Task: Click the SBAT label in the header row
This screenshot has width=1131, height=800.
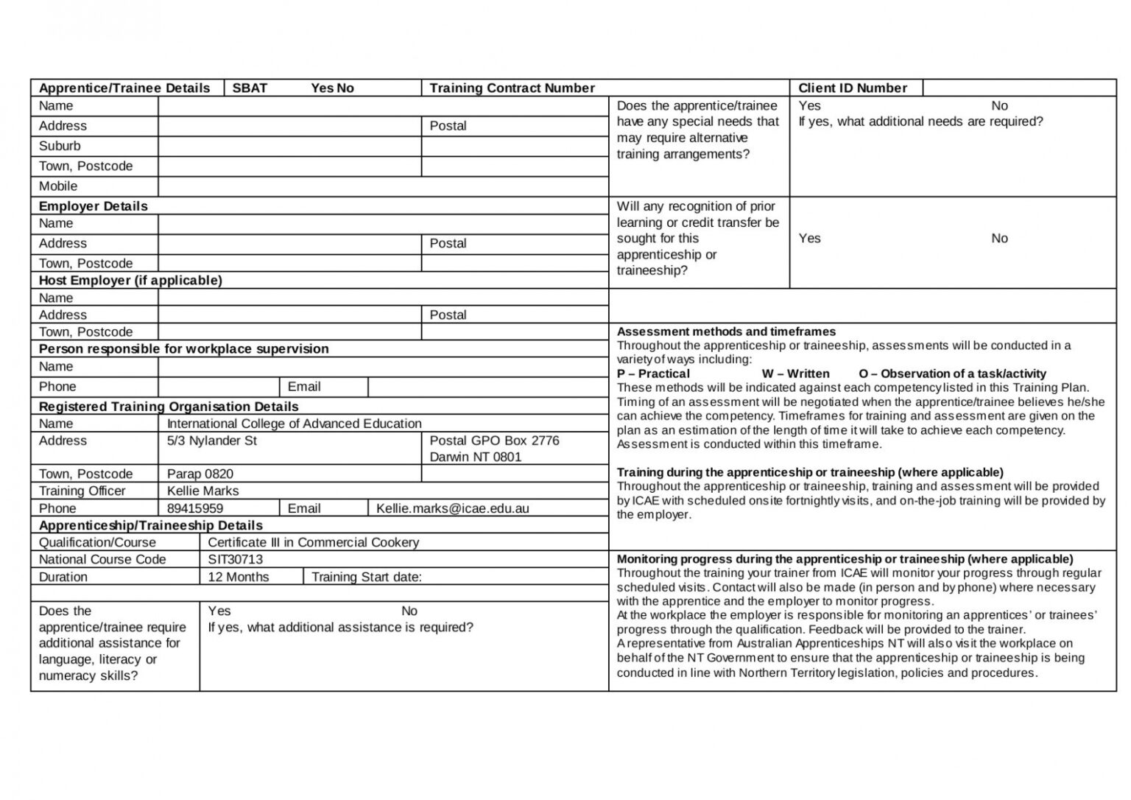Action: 250,88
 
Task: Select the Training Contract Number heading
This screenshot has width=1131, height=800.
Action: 512,88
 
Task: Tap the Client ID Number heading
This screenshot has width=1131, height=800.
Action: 853,88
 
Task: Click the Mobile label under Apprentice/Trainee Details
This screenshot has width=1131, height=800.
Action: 58,186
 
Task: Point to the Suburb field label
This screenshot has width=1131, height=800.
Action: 60,146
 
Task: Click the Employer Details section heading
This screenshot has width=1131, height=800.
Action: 94,206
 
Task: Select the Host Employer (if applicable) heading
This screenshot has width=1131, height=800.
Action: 130,281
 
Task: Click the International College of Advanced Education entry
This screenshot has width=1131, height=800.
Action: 295,424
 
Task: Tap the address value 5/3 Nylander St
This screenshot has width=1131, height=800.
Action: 212,441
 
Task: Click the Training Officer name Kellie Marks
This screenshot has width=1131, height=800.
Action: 203,491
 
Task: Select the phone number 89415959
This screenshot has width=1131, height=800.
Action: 195,508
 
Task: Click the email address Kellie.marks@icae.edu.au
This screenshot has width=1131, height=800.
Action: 453,508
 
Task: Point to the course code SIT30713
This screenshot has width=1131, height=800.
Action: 236,559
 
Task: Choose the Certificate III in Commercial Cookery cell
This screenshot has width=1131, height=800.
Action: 314,542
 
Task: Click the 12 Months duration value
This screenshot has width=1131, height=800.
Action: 239,577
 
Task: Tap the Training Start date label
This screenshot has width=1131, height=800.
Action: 367,577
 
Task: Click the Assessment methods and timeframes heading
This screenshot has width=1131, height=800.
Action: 726,331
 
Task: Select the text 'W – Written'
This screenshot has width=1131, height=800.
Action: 795,373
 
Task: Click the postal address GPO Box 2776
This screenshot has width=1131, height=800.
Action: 495,441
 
